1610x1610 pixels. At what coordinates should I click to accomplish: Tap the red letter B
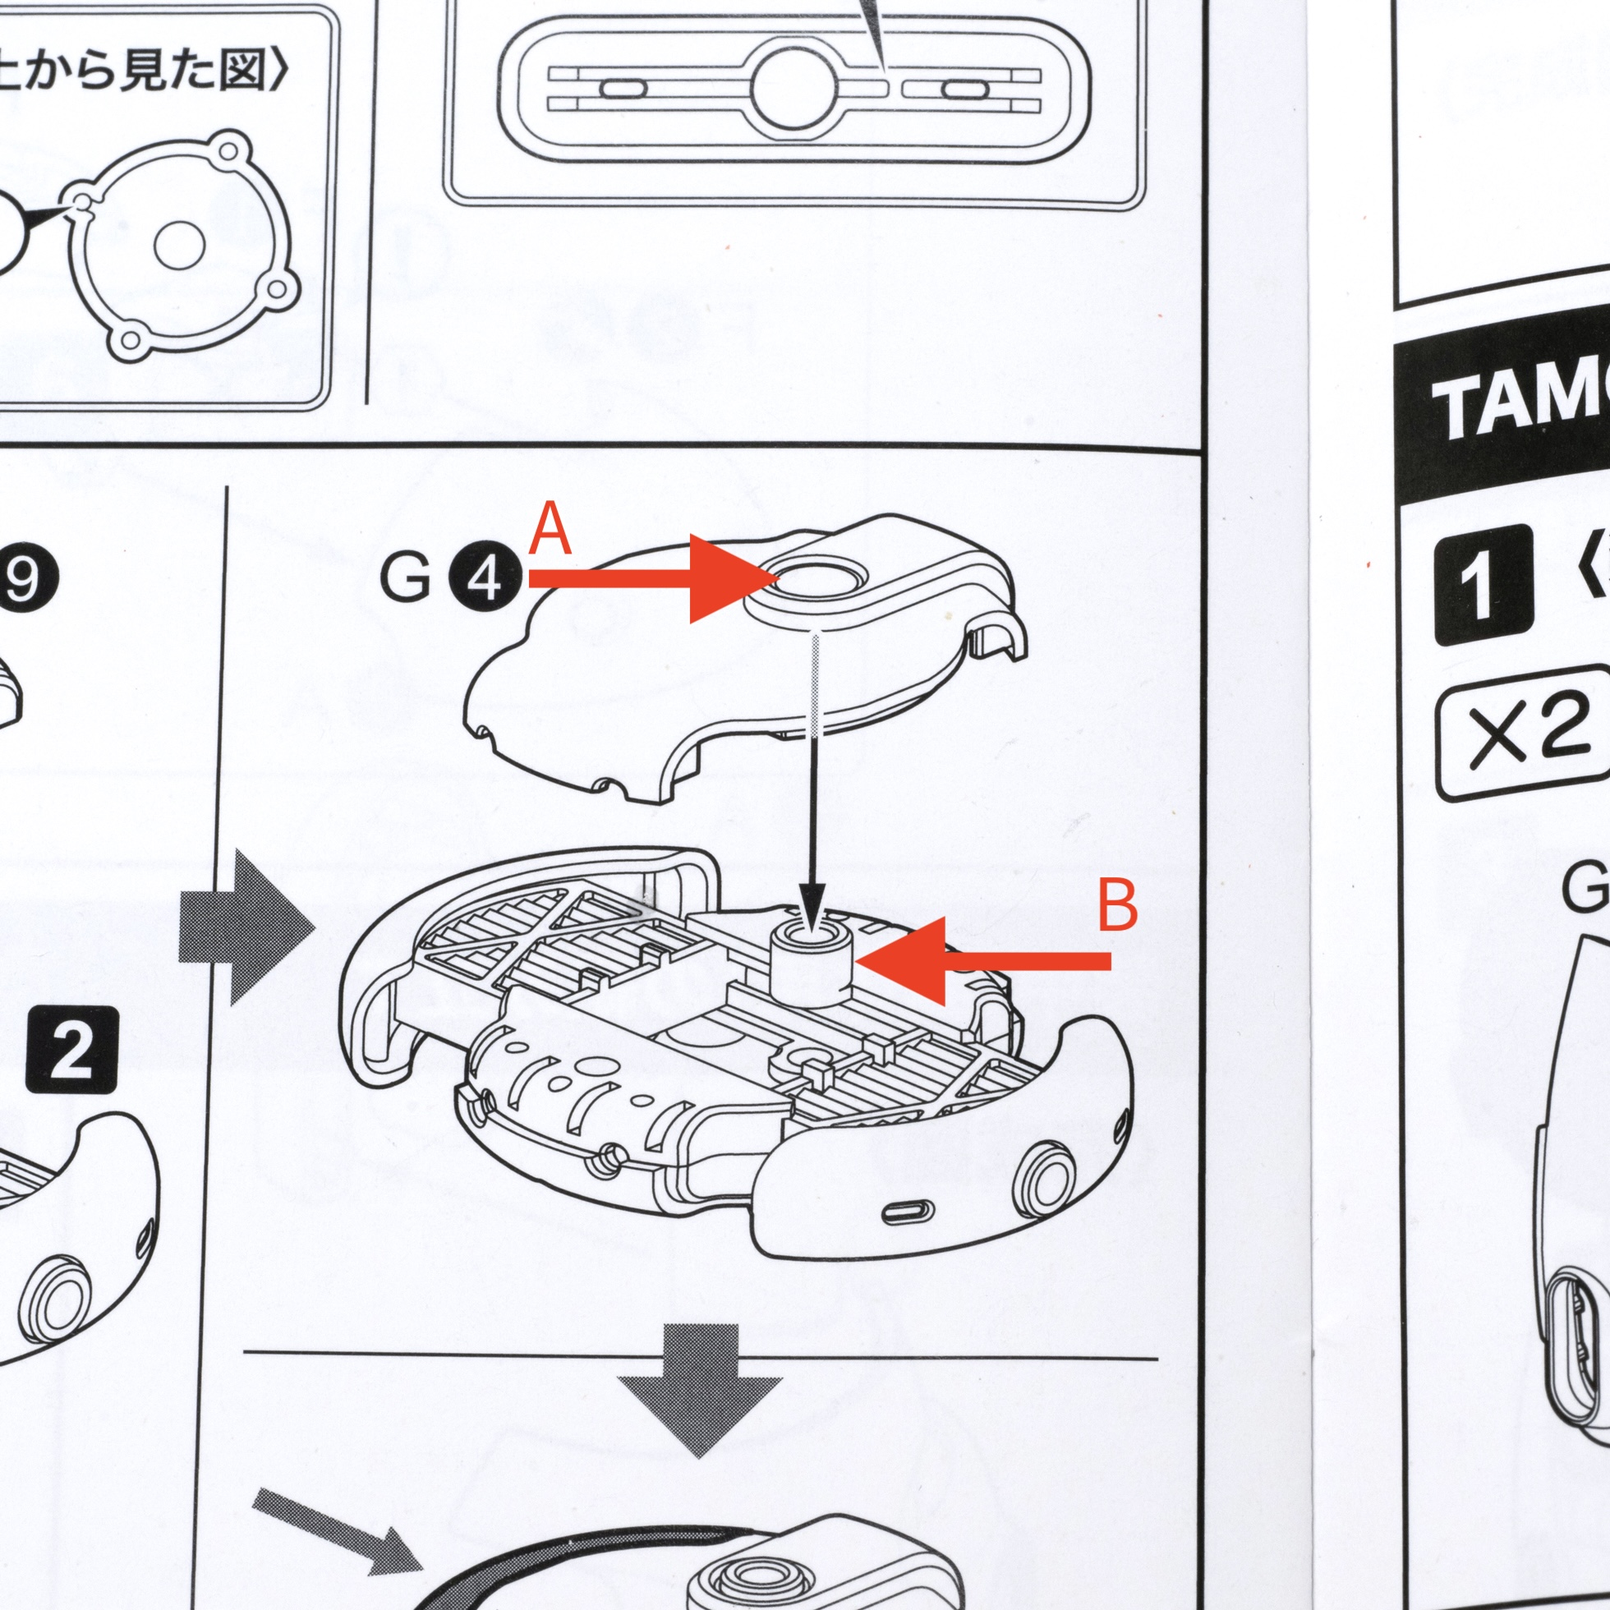pyautogui.click(x=1117, y=907)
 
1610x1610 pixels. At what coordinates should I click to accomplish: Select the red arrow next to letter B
pyautogui.click(x=983, y=961)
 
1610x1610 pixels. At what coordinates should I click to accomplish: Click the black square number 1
pyautogui.click(x=1483, y=586)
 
